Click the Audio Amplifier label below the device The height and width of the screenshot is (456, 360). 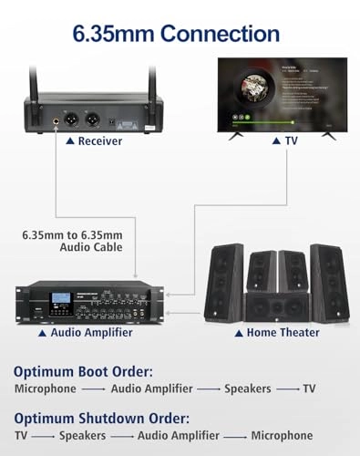(85, 333)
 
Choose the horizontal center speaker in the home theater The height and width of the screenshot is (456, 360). (277, 307)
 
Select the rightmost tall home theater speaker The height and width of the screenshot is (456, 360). (328, 281)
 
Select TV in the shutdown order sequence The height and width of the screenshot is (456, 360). (23, 436)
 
